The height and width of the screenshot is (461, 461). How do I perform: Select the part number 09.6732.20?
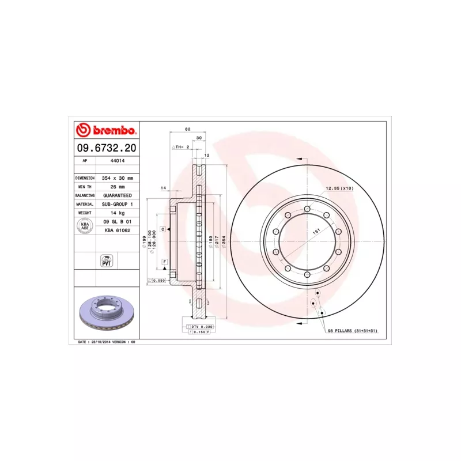click(105, 148)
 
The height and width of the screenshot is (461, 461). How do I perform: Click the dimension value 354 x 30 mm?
click(118, 179)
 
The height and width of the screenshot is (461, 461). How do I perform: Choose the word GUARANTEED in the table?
click(118, 196)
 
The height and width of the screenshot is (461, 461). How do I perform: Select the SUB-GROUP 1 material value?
click(118, 205)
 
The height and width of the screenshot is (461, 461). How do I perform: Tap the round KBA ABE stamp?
click(85, 226)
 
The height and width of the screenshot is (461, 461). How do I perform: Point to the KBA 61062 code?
click(118, 231)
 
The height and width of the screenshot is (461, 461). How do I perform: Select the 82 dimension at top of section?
click(188, 129)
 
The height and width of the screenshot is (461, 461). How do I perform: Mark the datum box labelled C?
click(163, 229)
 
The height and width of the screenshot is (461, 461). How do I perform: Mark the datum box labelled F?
click(165, 262)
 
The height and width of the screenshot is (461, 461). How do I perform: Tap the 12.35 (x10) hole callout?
click(339, 188)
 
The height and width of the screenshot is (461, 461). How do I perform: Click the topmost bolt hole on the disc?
click(308, 209)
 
